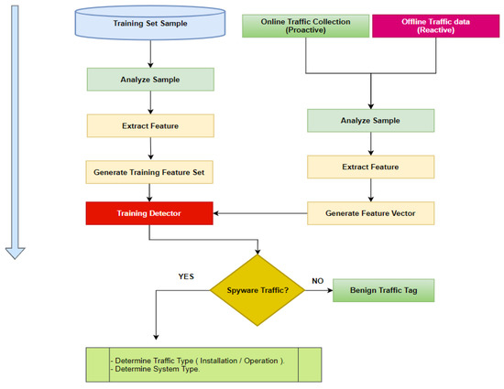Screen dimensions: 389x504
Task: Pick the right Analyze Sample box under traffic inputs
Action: point(370,121)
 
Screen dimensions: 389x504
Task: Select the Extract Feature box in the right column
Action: point(370,167)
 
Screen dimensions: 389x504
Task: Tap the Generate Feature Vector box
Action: point(370,213)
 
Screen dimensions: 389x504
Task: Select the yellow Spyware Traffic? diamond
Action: point(260,291)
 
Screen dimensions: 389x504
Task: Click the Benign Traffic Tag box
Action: point(383,290)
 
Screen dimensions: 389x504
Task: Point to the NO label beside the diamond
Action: point(317,282)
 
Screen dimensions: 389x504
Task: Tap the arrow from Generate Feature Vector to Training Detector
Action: point(261,213)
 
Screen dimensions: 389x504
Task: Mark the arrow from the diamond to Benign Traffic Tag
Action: point(317,291)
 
